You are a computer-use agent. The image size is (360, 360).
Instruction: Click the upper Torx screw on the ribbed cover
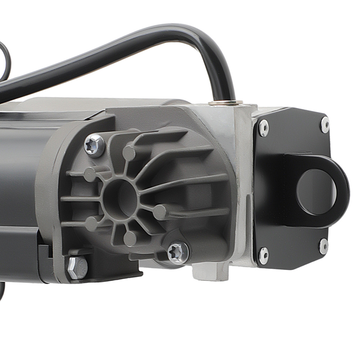94,145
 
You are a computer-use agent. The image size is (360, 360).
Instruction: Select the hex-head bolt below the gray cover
77,267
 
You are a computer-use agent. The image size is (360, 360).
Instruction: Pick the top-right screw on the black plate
325,125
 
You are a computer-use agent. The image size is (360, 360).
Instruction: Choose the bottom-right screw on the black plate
324,246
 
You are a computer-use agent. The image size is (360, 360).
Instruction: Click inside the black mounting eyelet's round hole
316,192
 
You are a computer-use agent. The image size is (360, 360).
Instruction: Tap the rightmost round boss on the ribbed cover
160,212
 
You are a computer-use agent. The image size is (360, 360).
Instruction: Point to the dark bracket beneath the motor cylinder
22,252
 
